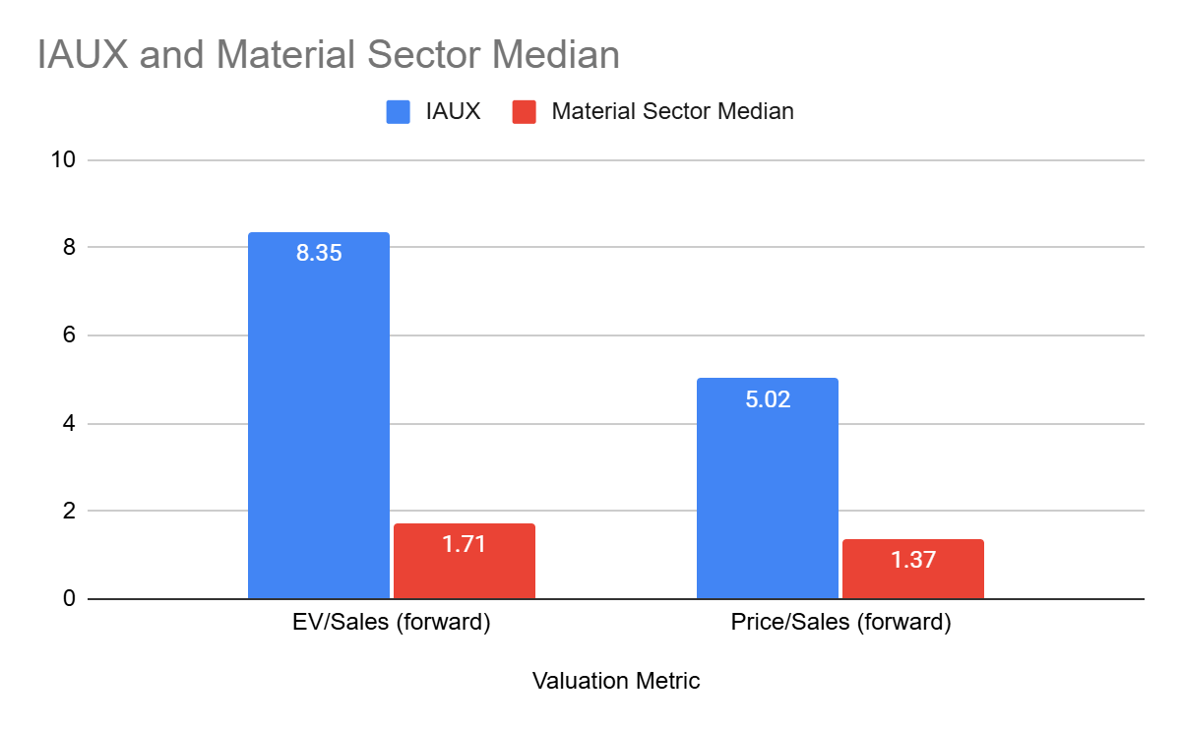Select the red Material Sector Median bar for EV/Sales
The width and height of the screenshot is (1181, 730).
464,571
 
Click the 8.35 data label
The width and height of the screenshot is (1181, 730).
319,253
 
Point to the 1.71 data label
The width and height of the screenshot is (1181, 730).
464,543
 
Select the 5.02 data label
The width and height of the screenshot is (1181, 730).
767,399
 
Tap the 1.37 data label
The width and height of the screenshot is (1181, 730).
912,560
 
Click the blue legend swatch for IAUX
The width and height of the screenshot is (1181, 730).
399,111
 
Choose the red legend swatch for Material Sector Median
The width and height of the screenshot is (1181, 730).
524,111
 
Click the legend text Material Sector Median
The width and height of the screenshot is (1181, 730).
672,111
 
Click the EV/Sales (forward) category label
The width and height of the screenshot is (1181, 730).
391,624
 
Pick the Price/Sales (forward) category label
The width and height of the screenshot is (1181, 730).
840,624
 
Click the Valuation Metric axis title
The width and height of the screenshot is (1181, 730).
616,681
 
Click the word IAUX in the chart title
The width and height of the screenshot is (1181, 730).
84,55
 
